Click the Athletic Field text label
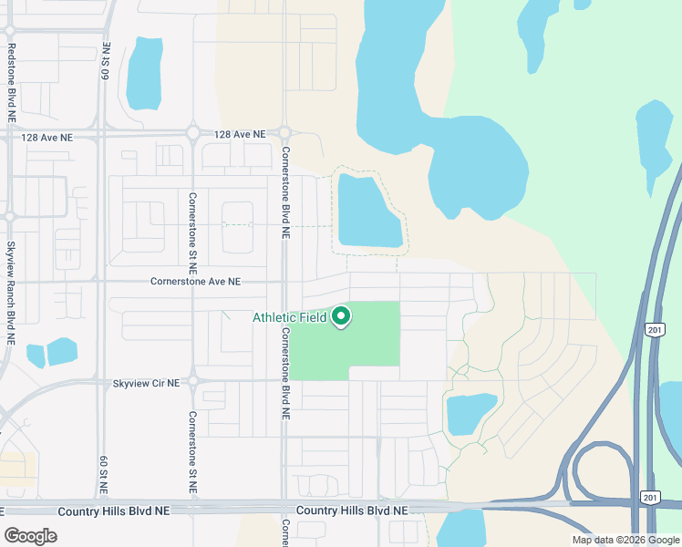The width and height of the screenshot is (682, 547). click(x=289, y=317)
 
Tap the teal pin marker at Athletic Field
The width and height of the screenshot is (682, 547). click(x=341, y=316)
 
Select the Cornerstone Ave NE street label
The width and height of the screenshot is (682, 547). click(x=195, y=283)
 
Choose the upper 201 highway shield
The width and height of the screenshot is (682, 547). click(x=652, y=328)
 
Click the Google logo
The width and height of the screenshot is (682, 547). click(x=30, y=535)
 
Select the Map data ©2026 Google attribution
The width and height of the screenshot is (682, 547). click(x=625, y=540)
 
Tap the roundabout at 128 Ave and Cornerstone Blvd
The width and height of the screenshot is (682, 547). click(x=284, y=133)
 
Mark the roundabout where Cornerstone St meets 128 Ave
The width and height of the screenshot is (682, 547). click(x=193, y=133)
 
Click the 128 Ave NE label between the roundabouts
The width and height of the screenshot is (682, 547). click(x=239, y=134)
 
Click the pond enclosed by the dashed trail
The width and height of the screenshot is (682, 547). click(x=368, y=212)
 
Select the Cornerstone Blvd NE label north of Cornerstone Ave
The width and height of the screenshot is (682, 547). click(x=284, y=192)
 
